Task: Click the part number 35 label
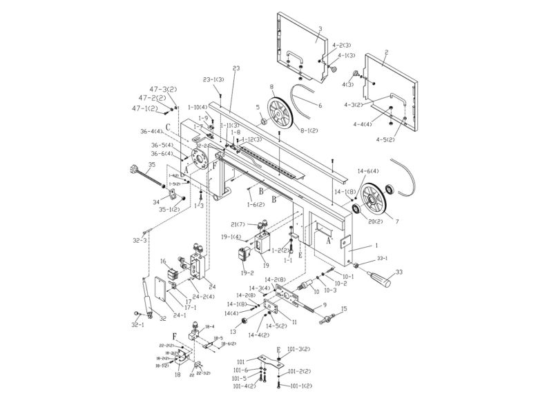pos(152,165)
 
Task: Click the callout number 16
pos(164,261)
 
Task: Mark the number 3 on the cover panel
pos(320,29)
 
